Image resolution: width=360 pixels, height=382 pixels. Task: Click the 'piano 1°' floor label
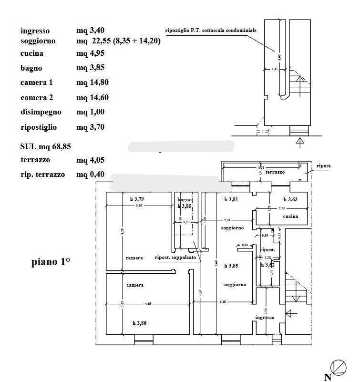pyautogui.click(x=51, y=262)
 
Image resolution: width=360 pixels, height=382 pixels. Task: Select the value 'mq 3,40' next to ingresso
pyautogui.click(x=90, y=31)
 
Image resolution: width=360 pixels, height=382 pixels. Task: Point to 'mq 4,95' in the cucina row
pyautogui.click(x=90, y=53)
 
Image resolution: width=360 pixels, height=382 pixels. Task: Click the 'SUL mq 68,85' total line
pyautogui.click(x=46, y=146)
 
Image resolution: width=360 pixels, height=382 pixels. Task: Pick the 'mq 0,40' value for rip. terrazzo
pyautogui.click(x=90, y=174)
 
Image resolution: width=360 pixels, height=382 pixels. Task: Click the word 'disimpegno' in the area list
pyautogui.click(x=41, y=112)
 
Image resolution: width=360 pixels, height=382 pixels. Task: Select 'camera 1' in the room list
pyautogui.click(x=36, y=83)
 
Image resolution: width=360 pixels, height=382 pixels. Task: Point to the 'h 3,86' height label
pyautogui.click(x=139, y=323)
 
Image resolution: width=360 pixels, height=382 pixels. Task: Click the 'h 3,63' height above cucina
pyautogui.click(x=291, y=199)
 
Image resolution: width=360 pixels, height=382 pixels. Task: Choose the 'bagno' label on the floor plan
pyautogui.click(x=184, y=200)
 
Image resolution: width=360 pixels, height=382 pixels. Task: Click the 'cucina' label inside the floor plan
pyautogui.click(x=290, y=216)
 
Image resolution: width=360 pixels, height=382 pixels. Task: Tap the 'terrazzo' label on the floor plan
pyautogui.click(x=275, y=172)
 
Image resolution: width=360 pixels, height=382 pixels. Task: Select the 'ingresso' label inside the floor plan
pyautogui.click(x=264, y=317)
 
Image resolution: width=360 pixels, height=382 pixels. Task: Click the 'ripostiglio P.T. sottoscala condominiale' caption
pyautogui.click(x=211, y=30)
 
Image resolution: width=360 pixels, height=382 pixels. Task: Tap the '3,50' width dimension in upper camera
pyautogui.click(x=139, y=206)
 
